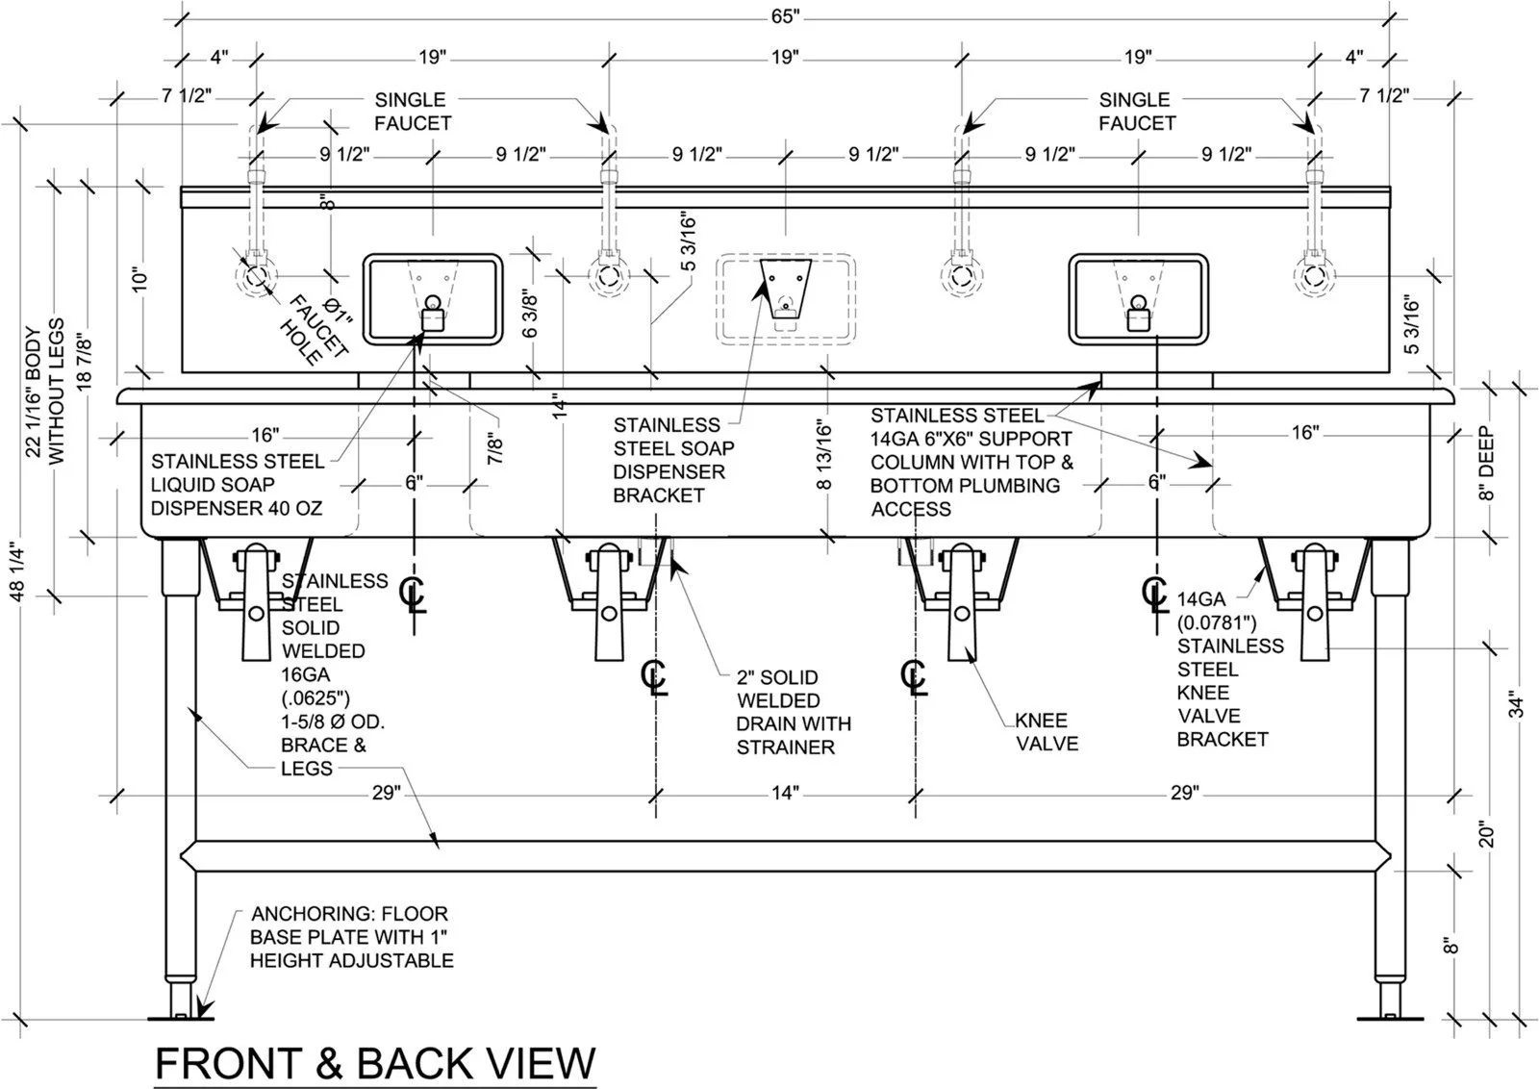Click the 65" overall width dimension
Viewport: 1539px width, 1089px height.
click(785, 16)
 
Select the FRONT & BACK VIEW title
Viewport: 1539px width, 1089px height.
click(375, 1064)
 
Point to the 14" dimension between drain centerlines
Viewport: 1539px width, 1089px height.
click(785, 793)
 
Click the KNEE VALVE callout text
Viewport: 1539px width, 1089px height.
click(1047, 732)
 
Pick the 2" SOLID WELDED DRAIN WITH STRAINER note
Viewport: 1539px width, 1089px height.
click(794, 712)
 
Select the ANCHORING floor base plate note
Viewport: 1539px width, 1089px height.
click(351, 937)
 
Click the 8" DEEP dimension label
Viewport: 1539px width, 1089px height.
click(1486, 463)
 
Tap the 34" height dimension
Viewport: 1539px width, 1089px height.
click(1515, 704)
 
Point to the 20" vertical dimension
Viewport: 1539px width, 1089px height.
click(1486, 833)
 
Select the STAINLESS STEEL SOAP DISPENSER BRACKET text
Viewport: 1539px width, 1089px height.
click(673, 460)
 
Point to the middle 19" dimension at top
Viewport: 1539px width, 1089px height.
click(785, 57)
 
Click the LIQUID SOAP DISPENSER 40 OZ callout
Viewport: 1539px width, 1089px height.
click(237, 485)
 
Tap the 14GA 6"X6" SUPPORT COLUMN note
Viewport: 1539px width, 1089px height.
click(971, 462)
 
